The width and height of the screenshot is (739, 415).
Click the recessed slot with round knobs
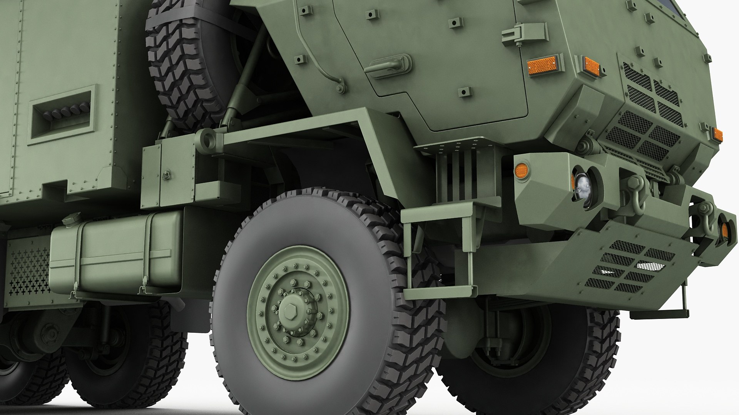[62, 114]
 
